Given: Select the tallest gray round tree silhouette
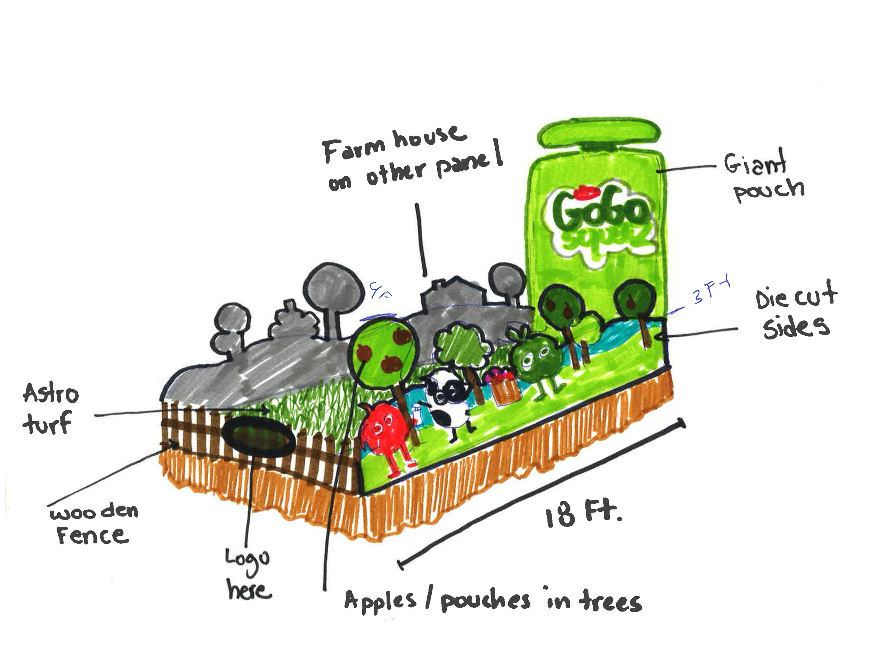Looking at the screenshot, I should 333,289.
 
